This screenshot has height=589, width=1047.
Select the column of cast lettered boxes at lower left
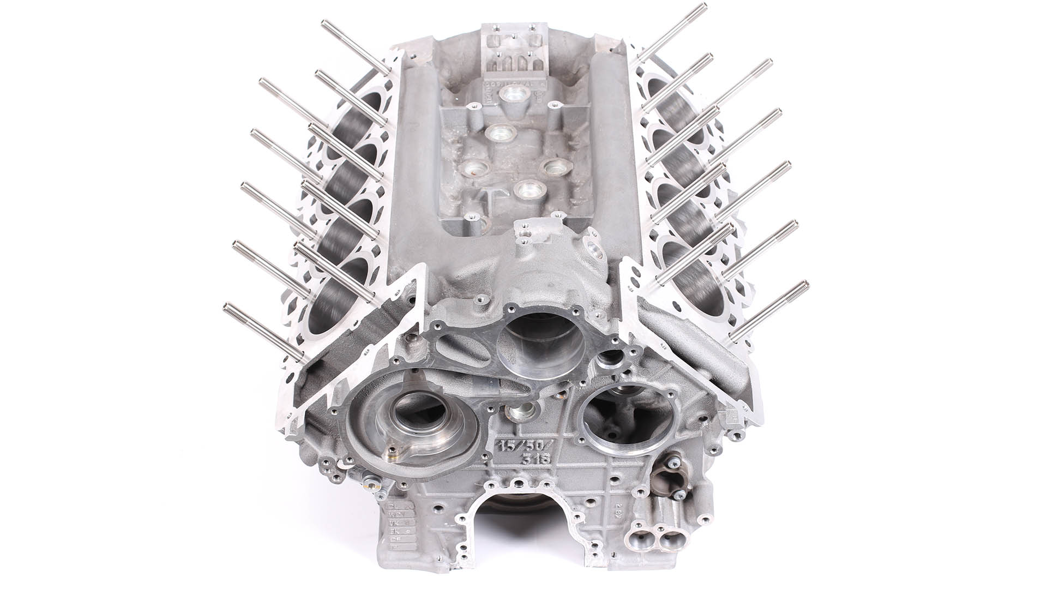pyautogui.click(x=396, y=527)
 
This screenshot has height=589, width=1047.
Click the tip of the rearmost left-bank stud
pyautogui.click(x=325, y=23)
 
